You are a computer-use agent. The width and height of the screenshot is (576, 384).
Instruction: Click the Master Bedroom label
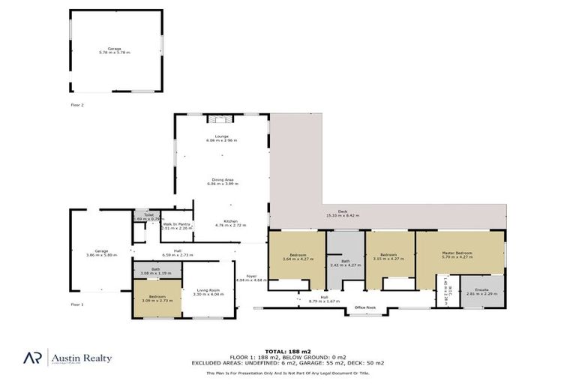point(457,253)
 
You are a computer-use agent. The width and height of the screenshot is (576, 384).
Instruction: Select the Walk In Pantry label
point(177,224)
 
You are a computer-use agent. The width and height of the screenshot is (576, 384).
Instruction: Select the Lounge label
point(221,136)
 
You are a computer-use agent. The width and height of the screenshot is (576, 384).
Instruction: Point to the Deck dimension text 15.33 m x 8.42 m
point(342,216)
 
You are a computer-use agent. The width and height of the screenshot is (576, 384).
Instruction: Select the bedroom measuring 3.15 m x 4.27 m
point(388,256)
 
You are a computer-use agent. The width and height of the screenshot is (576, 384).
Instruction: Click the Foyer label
point(251,276)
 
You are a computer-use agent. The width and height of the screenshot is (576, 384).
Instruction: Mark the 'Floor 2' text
point(77,105)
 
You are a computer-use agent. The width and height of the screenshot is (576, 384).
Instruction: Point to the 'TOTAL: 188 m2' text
point(287,350)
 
